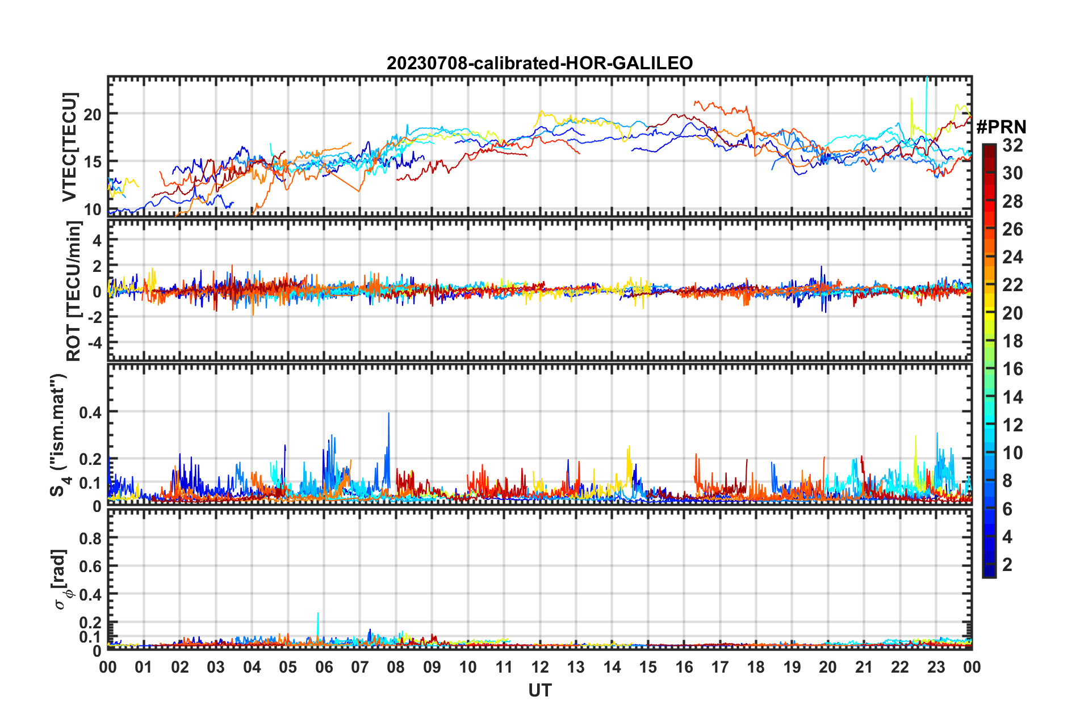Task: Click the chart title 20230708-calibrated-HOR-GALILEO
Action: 539,63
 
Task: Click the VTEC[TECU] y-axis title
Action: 69,148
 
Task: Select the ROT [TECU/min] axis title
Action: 74,291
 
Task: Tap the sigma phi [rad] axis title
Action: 61,579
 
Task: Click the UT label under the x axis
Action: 539,690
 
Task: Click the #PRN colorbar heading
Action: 1001,127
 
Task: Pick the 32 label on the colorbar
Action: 1012,145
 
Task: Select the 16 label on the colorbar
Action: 1012,369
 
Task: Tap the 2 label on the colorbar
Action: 1007,564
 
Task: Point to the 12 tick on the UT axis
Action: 540,667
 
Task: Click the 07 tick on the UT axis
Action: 360,667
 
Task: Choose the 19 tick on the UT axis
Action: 792,667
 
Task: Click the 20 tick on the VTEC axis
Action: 93,114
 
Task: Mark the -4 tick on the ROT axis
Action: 94,343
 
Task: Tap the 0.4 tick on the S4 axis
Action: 90,412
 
